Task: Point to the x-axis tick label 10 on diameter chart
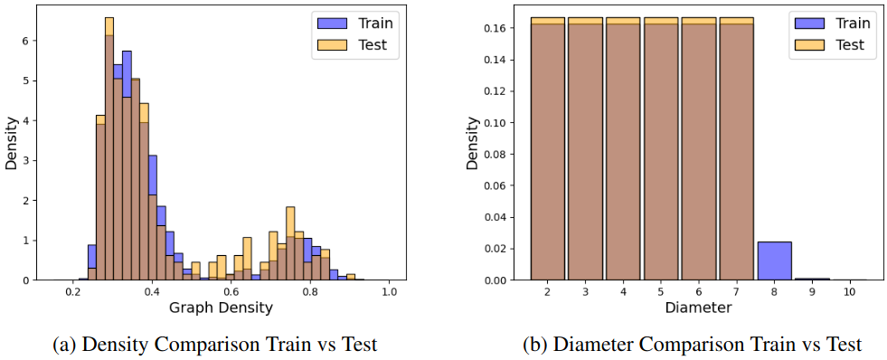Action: (x=848, y=292)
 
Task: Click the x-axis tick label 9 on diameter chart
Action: (x=811, y=292)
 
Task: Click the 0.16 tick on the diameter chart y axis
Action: (x=501, y=28)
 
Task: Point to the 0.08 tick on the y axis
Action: (x=501, y=155)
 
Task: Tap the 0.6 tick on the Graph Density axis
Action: (x=231, y=292)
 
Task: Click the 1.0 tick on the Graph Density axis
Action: (x=390, y=292)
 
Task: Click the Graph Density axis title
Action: (x=222, y=308)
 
